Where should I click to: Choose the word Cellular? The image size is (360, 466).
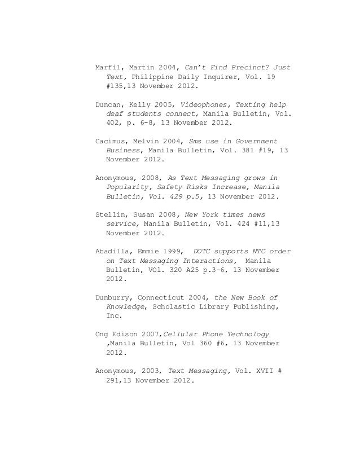point(190,333)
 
